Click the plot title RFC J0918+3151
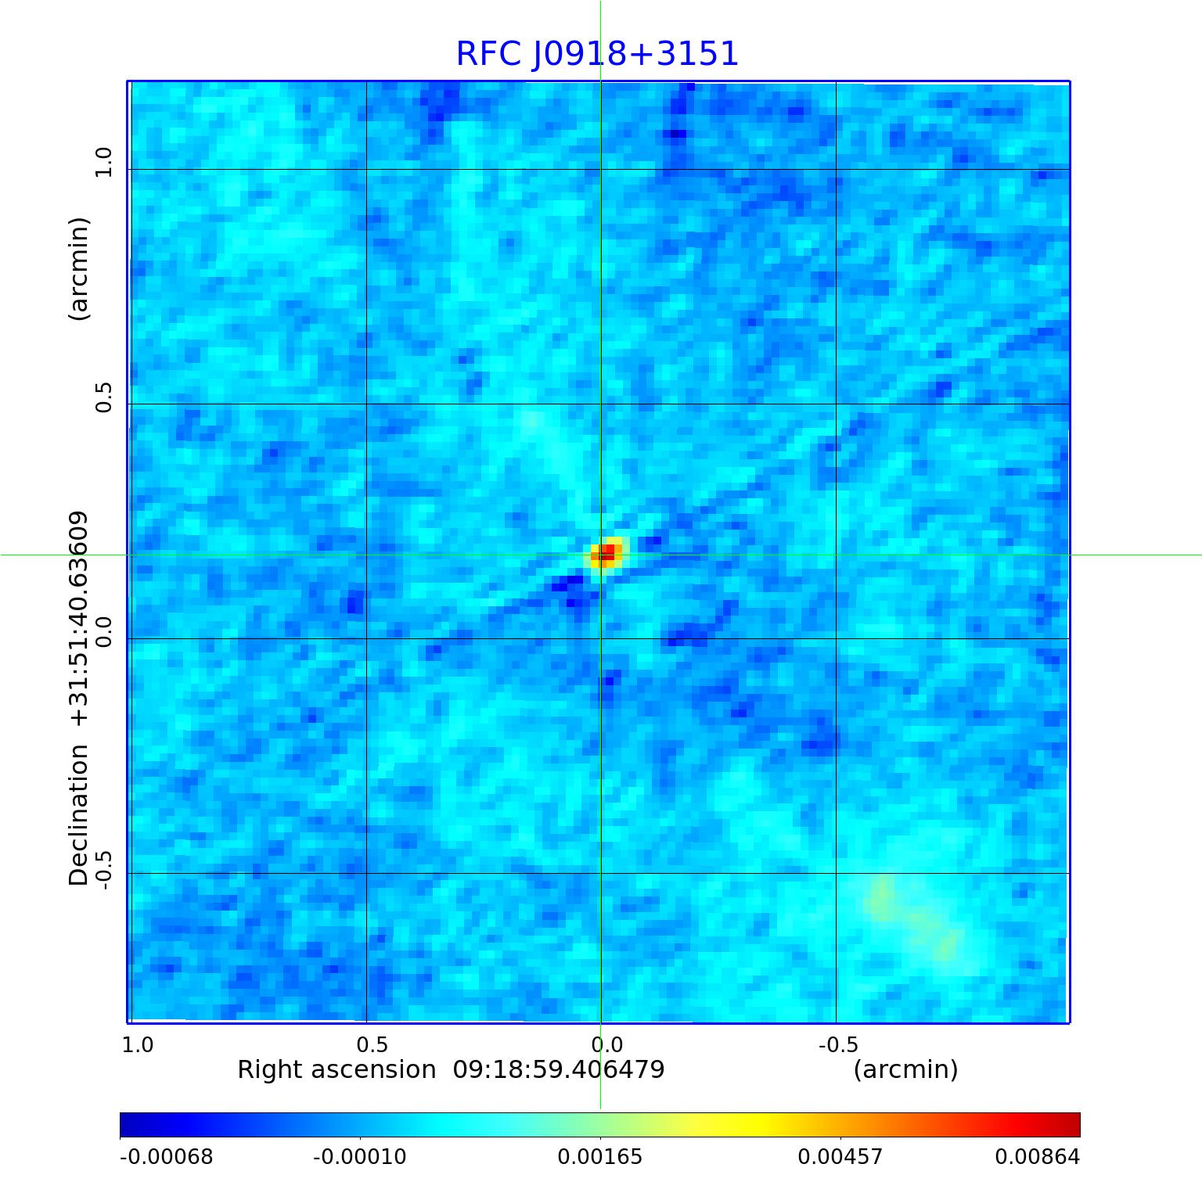(597, 54)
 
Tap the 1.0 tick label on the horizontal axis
(138, 1045)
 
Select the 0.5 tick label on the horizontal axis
(372, 1045)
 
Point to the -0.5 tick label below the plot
(838, 1045)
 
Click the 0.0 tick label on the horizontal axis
(606, 1045)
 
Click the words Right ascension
(336, 1069)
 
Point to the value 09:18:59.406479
(559, 1069)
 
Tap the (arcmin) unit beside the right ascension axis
(905, 1069)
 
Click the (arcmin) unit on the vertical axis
(79, 268)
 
